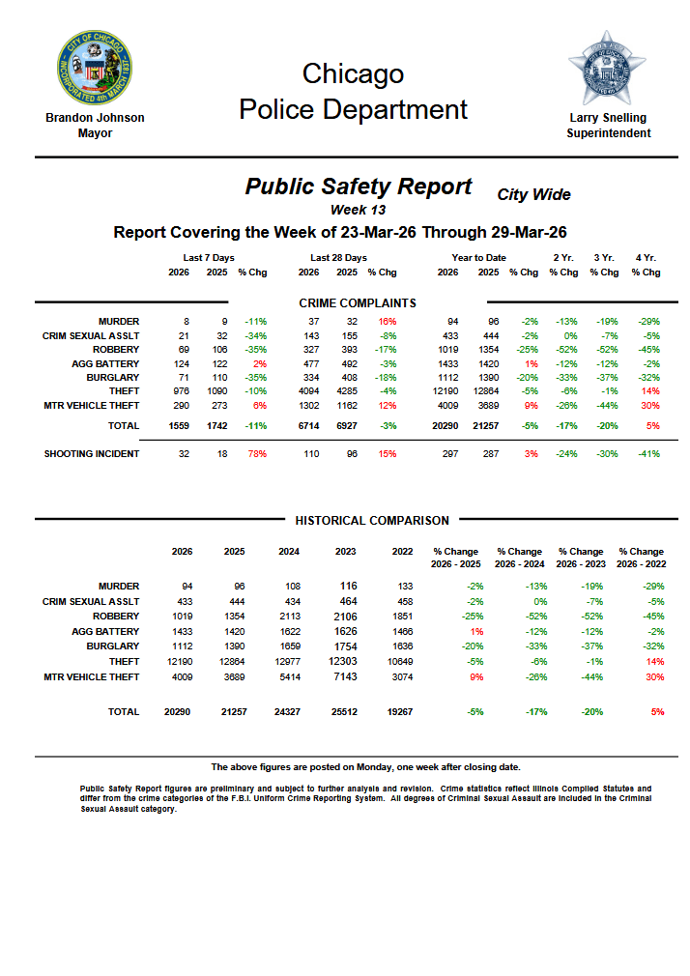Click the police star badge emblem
tap(607, 68)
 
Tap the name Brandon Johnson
tap(95, 118)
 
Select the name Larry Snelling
tap(608, 118)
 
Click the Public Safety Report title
tap(359, 187)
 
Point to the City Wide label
tap(533, 195)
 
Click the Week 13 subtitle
tap(358, 210)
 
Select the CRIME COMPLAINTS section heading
tap(358, 303)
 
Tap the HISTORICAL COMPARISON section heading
tap(372, 521)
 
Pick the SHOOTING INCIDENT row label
tap(92, 454)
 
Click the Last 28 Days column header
tap(338, 258)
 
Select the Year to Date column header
tap(478, 258)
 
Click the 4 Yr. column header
tap(646, 258)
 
